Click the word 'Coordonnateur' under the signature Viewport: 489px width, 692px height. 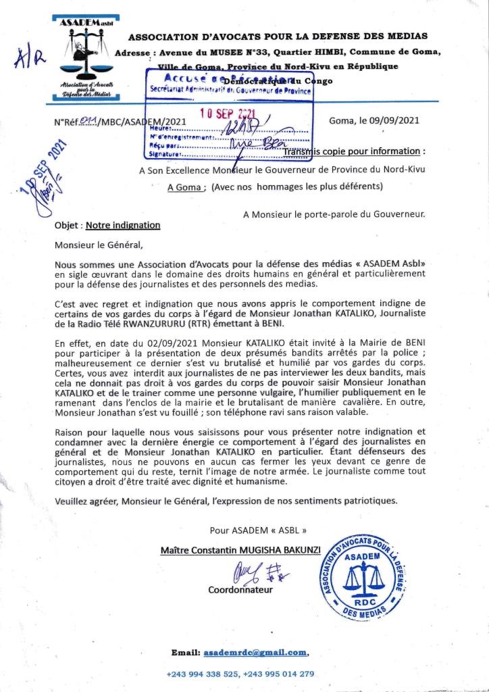pyautogui.click(x=240, y=590)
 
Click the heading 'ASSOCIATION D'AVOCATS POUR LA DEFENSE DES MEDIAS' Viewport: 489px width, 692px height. pyautogui.click(x=278, y=36)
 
